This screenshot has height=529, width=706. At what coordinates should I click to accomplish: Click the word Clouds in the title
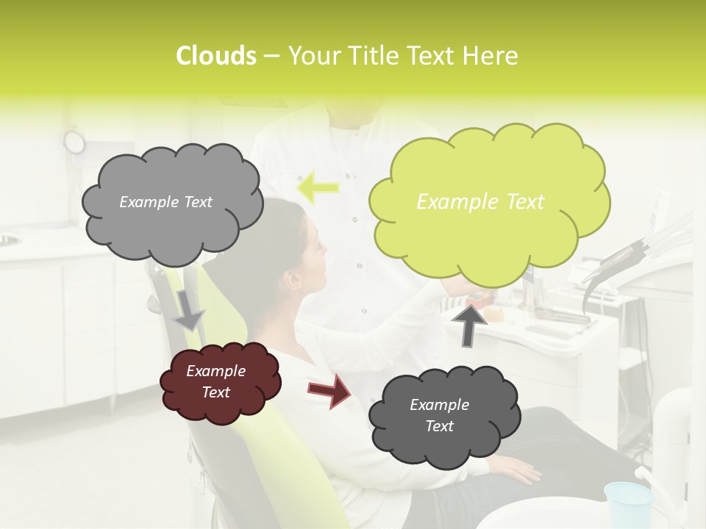[215, 56]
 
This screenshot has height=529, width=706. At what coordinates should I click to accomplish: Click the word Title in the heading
[375, 56]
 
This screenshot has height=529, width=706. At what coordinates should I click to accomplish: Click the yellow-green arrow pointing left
[318, 187]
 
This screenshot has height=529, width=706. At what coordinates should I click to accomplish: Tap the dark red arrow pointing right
[329, 390]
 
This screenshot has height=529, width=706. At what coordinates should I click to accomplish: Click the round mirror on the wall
[74, 140]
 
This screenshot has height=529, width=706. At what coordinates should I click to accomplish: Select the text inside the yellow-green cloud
[480, 202]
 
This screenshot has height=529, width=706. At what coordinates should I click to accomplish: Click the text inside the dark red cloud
[216, 382]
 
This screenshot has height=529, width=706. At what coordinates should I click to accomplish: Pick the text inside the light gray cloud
[165, 202]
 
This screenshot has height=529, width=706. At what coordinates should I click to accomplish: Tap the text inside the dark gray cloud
[439, 415]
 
